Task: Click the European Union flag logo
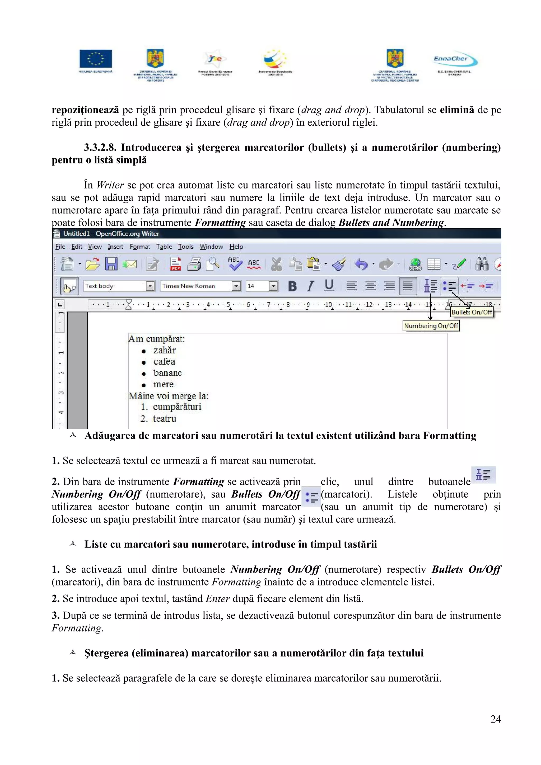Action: [x=96, y=59]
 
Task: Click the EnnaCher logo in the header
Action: [x=455, y=60]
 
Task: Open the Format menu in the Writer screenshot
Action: [x=140, y=247]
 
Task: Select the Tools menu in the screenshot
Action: [x=185, y=247]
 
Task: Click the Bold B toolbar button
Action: [x=292, y=286]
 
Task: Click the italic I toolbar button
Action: [x=311, y=286]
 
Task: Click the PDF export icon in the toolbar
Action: [x=175, y=264]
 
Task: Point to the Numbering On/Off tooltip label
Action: [x=431, y=325]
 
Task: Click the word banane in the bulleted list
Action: [x=167, y=373]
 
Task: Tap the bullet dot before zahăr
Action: [x=144, y=351]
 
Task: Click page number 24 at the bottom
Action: [x=495, y=719]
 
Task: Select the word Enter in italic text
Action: [x=217, y=599]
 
